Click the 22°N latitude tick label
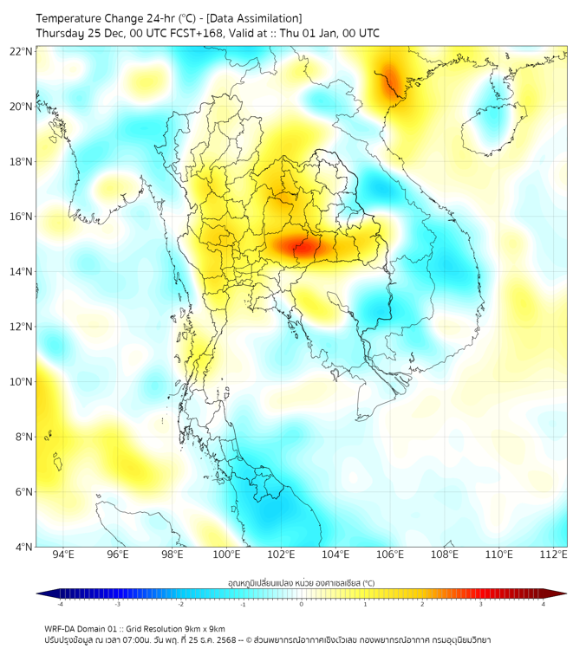point(22,51)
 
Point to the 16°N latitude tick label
point(22,217)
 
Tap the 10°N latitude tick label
point(22,382)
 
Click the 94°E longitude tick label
point(63,554)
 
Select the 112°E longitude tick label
point(553,554)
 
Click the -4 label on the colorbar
point(60,604)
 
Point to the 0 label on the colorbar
point(302,604)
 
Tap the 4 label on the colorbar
point(544,604)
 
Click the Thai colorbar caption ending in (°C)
point(302,583)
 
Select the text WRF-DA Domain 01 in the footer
point(84,628)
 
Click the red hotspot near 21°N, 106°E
point(389,78)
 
